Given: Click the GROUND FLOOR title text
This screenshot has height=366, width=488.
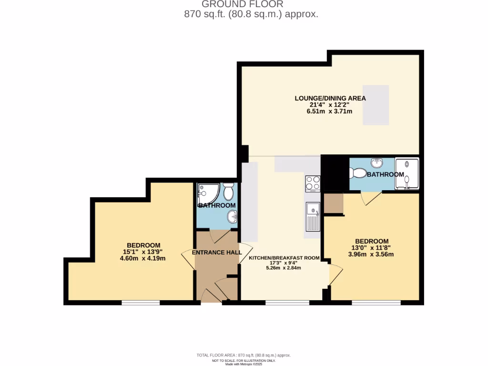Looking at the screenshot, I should [x=244, y=4].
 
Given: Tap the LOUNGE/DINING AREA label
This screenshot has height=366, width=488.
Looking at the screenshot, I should [x=330, y=98].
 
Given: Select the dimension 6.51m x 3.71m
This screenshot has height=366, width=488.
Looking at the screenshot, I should [x=330, y=112].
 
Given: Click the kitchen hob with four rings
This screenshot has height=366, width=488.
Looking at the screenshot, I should [x=313, y=183].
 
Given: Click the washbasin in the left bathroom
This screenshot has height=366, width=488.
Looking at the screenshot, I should [x=232, y=217].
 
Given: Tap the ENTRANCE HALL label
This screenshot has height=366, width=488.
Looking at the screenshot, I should [x=216, y=252].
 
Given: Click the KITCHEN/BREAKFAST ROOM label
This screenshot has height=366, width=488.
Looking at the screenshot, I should [x=284, y=258].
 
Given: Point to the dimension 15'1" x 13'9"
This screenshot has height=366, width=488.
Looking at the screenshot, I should [x=143, y=252].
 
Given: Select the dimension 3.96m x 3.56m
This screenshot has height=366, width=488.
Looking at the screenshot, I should [x=371, y=254].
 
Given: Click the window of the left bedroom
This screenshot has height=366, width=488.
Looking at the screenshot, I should [x=141, y=303].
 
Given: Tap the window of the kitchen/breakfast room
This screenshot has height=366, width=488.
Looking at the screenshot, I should [x=287, y=303].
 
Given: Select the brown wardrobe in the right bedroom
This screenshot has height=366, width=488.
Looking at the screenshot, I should [x=333, y=203].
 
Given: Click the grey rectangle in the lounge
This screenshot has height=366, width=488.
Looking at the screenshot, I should [x=376, y=105].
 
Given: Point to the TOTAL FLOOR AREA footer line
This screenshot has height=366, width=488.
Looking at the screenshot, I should [x=244, y=356].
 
